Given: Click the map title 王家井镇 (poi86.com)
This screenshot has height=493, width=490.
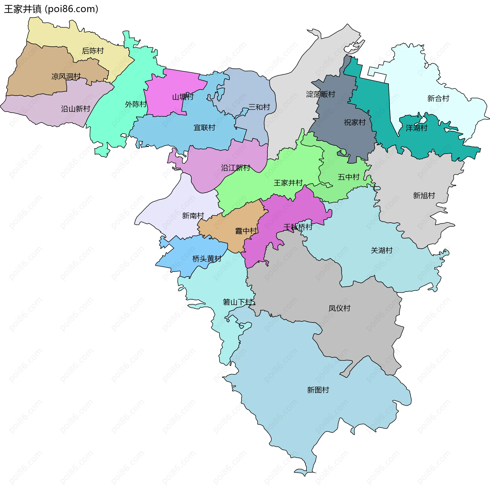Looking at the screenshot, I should tap(51, 9).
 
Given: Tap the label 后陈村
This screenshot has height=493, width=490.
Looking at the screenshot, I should tap(93, 51).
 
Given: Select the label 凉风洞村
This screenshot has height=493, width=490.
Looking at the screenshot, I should tap(66, 76).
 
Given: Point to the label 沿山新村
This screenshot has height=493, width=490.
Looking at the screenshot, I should tap(76, 109).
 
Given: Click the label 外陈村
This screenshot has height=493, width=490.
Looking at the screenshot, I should tap(136, 104).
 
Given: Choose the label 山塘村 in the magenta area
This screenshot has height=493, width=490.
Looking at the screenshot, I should tap(183, 97).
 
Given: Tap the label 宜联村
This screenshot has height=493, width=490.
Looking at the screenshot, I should tap(204, 127).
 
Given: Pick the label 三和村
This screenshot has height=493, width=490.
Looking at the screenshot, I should tap(259, 107).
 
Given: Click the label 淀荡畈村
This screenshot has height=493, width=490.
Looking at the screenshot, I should tap(321, 94).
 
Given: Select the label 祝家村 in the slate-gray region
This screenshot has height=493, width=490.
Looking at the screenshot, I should tap(355, 122).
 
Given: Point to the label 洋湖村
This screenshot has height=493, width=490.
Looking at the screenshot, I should tap(416, 128).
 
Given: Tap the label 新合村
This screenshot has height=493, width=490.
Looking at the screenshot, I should tap(438, 98).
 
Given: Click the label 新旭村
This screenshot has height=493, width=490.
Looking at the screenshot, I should tap(424, 196).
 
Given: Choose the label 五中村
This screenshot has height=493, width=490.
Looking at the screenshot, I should tap(349, 177).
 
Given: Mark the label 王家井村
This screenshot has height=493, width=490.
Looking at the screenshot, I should tap(288, 183).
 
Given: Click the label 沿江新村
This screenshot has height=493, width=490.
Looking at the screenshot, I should tap(236, 168).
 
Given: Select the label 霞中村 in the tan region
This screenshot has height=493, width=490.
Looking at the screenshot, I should tap(246, 231).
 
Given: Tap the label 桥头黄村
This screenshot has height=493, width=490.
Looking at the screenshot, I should tap(207, 259).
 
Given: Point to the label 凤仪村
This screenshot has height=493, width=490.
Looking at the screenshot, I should tap(339, 308).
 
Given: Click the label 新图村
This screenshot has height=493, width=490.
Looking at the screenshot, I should tap(318, 390).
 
